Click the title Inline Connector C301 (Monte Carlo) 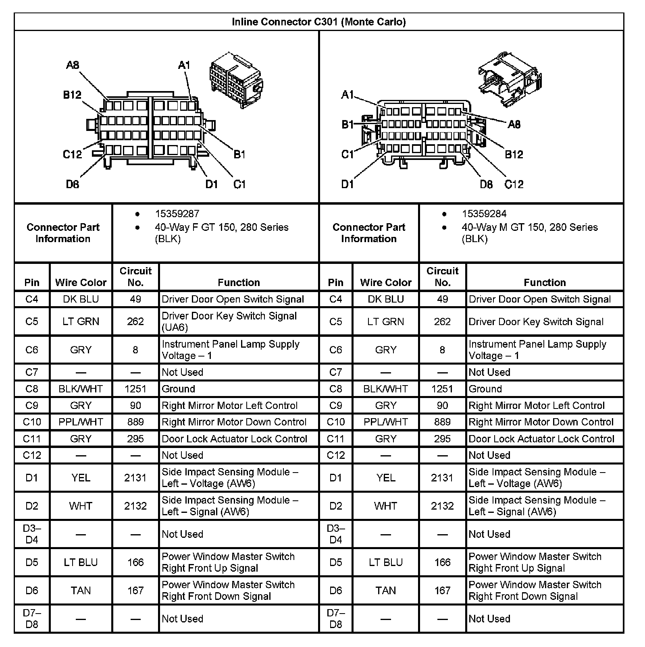coord(318,22)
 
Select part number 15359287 coord(177,214)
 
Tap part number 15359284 coord(484,214)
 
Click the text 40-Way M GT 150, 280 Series coord(529,227)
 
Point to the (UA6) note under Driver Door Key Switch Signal coord(175,328)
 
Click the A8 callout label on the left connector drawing coord(73,65)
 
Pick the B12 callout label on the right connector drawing coord(514,154)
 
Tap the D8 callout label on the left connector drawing coord(73,185)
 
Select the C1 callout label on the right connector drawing coord(347,154)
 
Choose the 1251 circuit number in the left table coord(135,389)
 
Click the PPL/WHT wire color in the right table coord(385,422)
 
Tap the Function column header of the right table coord(545,282)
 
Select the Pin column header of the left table coord(32,282)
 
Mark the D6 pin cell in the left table coord(32,591)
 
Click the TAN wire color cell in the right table coord(385,591)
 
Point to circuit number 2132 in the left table coord(135,506)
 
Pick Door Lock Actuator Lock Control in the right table coord(541,439)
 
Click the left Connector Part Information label coord(63,233)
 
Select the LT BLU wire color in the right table coord(385,562)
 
